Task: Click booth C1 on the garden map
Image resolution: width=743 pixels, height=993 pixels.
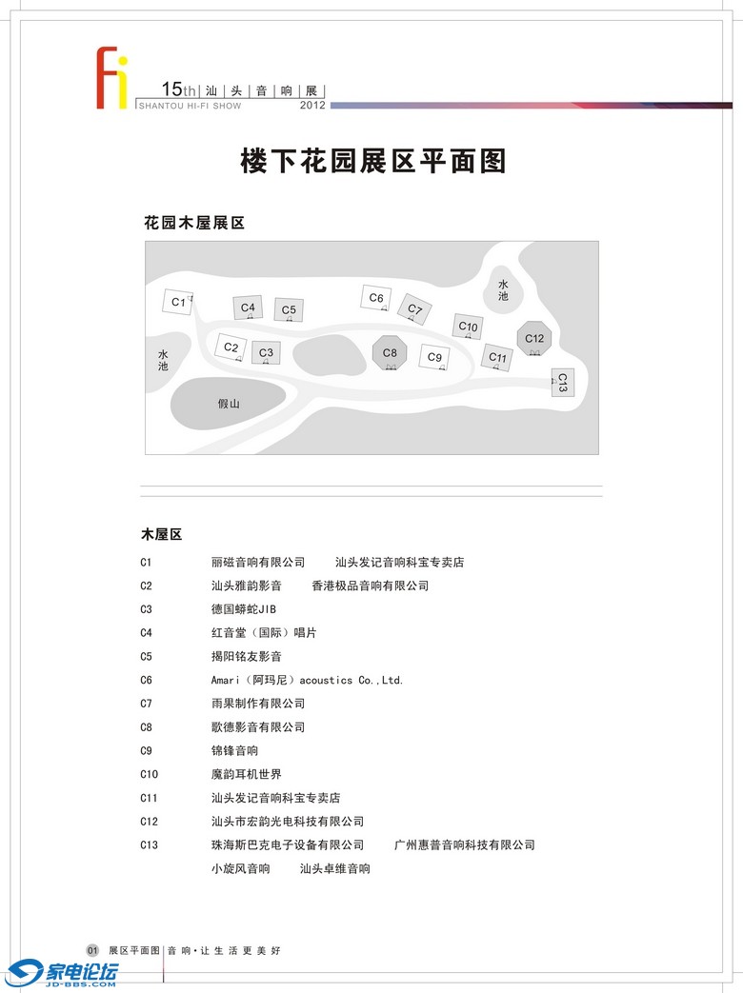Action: [x=177, y=302]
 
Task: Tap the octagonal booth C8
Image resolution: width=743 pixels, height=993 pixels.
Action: [x=390, y=353]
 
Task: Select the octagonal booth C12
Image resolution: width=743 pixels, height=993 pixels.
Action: [x=534, y=338]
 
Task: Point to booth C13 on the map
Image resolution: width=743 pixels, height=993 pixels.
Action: [x=562, y=383]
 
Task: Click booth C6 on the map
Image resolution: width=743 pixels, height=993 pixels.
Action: [x=376, y=298]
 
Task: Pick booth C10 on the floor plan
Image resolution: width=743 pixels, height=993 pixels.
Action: [x=468, y=327]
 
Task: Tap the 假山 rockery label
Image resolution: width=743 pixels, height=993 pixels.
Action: [x=229, y=404]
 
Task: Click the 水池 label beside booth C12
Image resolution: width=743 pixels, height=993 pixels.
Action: [x=503, y=290]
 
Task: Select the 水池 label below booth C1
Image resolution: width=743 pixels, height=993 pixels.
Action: [x=163, y=361]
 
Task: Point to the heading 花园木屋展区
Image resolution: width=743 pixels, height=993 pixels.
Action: [x=194, y=223]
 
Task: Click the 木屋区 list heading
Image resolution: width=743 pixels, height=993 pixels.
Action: [x=161, y=534]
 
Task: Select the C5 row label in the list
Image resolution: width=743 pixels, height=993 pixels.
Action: [x=146, y=657]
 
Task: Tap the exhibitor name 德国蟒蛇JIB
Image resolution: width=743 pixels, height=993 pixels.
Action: [x=243, y=609]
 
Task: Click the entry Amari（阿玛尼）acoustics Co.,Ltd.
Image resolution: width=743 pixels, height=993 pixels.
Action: [x=307, y=680]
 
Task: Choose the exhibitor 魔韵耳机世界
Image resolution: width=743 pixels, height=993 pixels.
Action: [x=246, y=774]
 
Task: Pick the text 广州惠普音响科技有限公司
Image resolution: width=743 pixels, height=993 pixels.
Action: [x=465, y=844]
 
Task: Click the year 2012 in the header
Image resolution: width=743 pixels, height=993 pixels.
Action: [x=312, y=106]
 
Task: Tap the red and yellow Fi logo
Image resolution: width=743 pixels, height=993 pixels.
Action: [x=110, y=77]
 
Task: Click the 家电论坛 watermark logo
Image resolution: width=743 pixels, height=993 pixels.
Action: [x=63, y=973]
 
